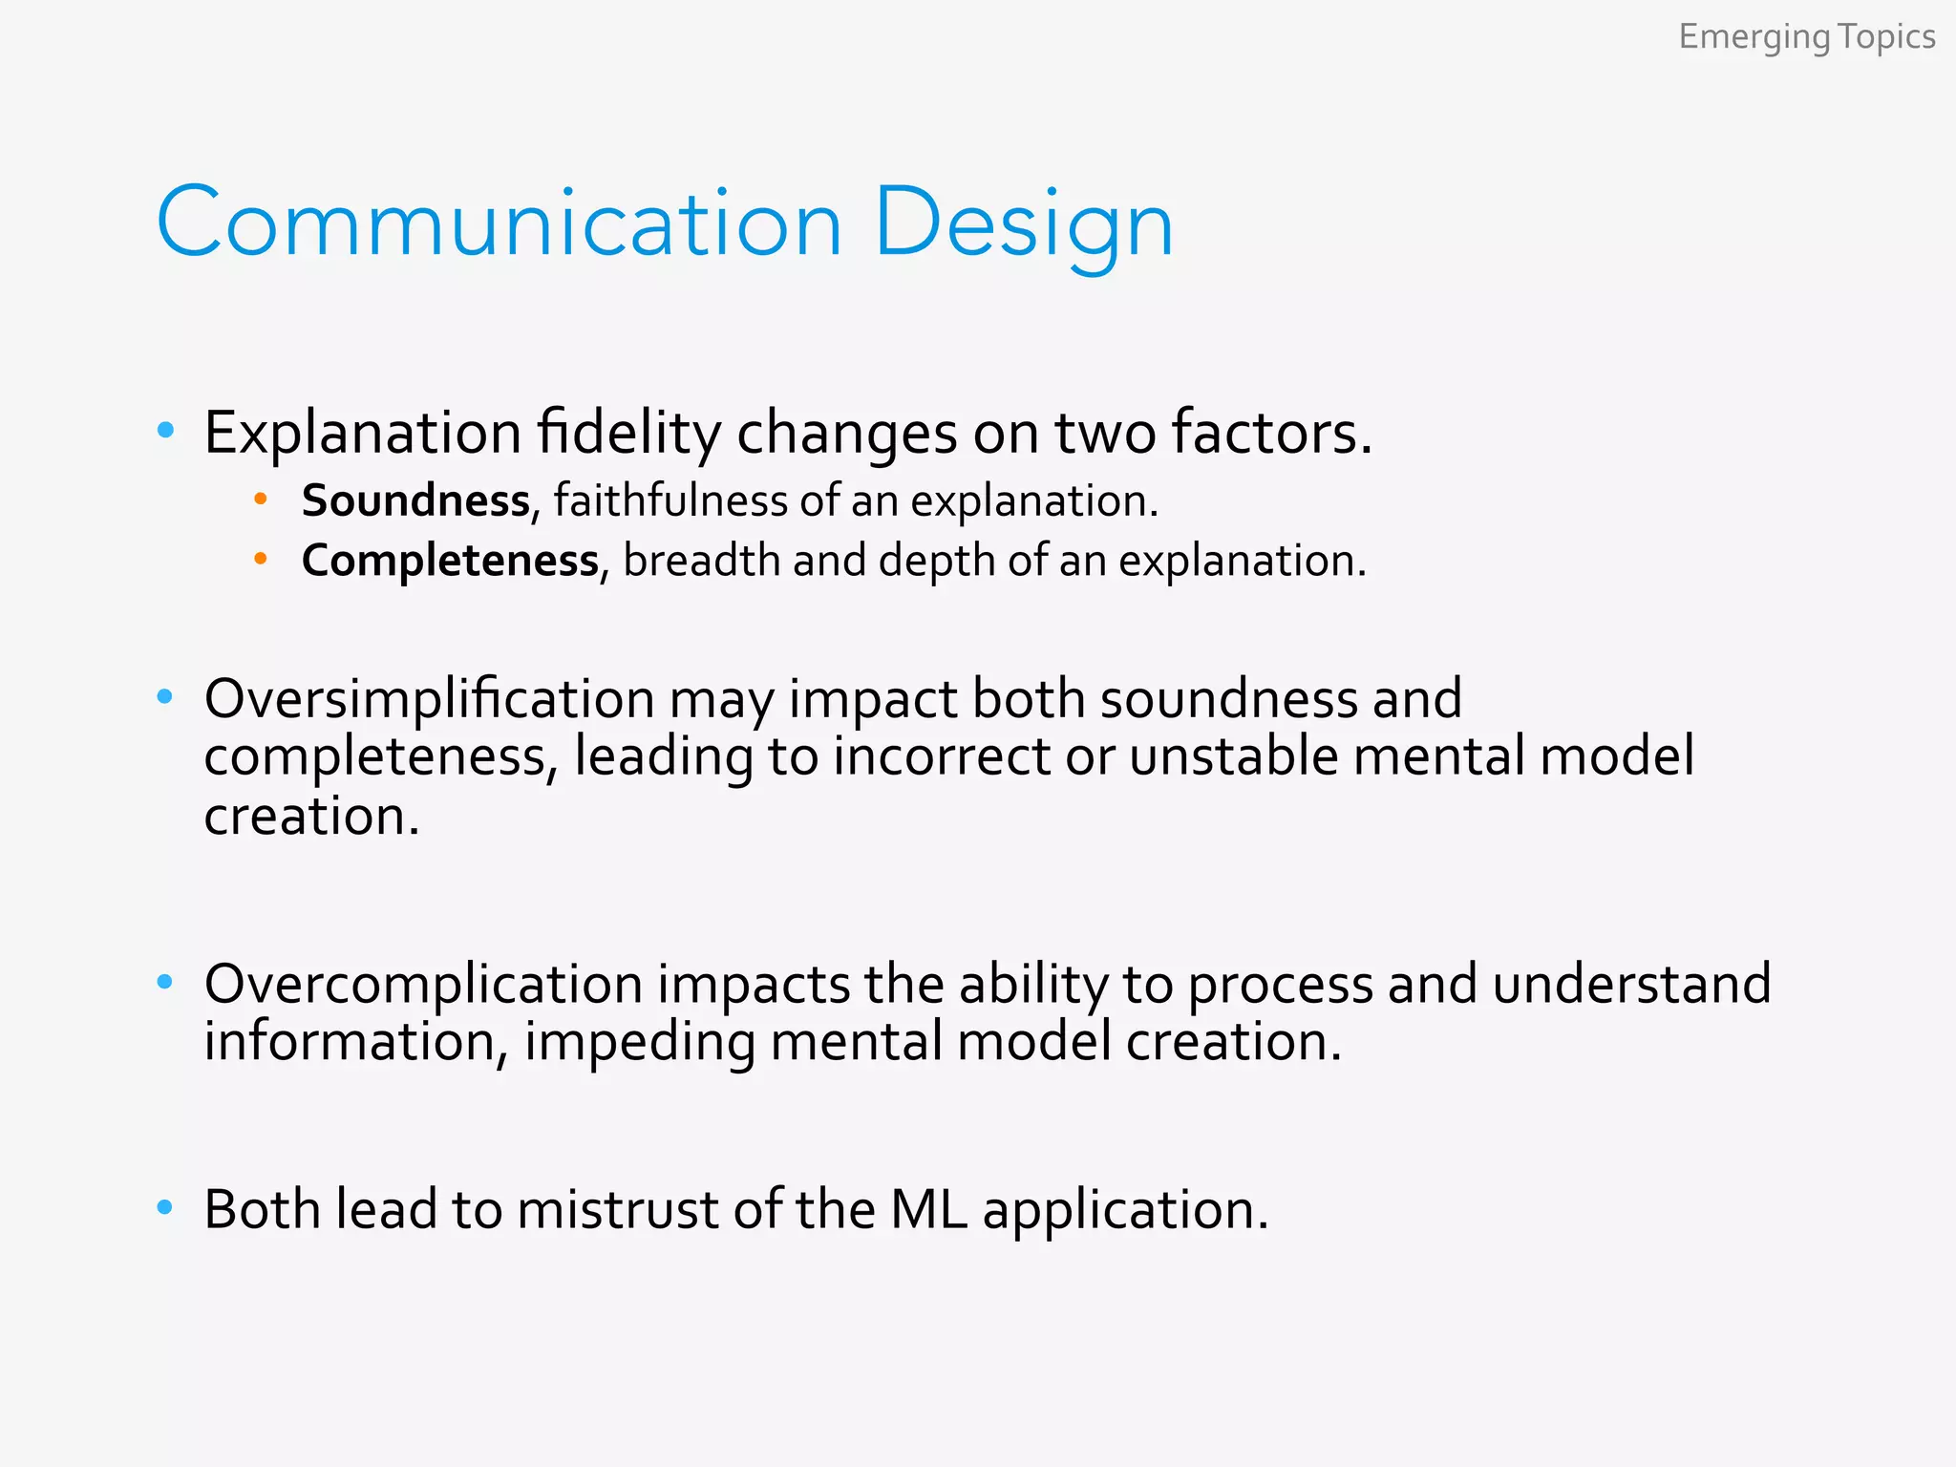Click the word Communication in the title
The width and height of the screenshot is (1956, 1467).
499,223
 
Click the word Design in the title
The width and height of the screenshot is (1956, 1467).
1023,223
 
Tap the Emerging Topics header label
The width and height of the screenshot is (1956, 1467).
1806,37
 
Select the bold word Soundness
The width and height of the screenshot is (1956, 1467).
415,500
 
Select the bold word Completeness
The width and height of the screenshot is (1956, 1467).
450,561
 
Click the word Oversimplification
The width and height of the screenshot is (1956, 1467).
429,699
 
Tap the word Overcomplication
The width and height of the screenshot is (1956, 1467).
423,984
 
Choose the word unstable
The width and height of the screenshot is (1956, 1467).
1233,756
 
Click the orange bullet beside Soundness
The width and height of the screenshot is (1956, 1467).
260,499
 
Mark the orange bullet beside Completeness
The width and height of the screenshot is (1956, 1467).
260,559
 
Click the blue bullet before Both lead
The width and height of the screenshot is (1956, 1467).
165,1208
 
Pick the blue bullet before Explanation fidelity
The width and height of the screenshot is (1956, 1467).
165,431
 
